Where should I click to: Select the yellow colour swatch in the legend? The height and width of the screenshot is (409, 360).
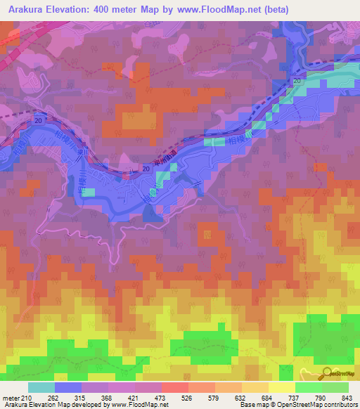[282, 388]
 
